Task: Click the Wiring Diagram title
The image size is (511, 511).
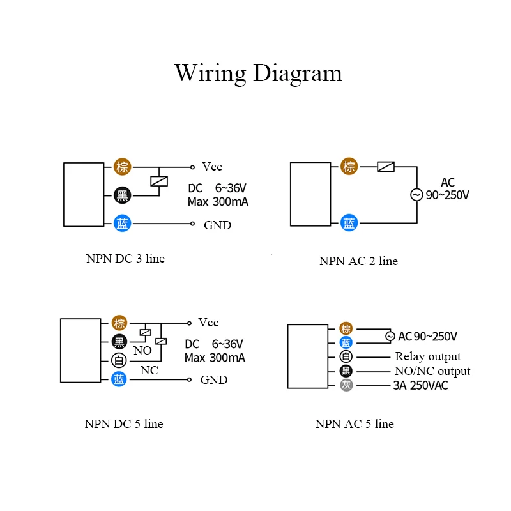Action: point(258,73)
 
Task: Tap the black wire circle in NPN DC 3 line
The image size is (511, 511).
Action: point(122,195)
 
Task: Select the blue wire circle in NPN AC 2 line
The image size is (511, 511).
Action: point(349,223)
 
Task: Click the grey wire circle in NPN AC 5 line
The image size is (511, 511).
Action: point(346,385)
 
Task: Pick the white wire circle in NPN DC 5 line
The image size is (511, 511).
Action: point(119,360)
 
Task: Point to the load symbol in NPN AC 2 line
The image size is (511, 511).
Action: point(386,167)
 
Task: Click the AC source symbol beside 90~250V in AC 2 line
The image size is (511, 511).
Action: point(416,195)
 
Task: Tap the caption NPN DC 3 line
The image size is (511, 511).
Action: point(125,259)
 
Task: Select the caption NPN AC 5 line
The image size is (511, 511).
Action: point(355,423)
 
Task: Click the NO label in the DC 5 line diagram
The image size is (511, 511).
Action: point(142,351)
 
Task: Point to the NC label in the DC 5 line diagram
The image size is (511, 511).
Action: point(149,370)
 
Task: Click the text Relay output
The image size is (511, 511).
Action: point(428,356)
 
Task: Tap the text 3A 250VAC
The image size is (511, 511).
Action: point(420,385)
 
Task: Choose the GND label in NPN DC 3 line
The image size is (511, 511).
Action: point(217,225)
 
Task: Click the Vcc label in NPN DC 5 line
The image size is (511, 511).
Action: point(208,323)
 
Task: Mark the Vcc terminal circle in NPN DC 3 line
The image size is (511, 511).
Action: point(193,167)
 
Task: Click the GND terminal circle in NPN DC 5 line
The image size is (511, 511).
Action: point(189,379)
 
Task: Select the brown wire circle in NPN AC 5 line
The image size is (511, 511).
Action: point(346,328)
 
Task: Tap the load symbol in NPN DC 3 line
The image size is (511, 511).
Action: point(159,181)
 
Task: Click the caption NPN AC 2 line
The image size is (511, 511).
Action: point(358,261)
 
